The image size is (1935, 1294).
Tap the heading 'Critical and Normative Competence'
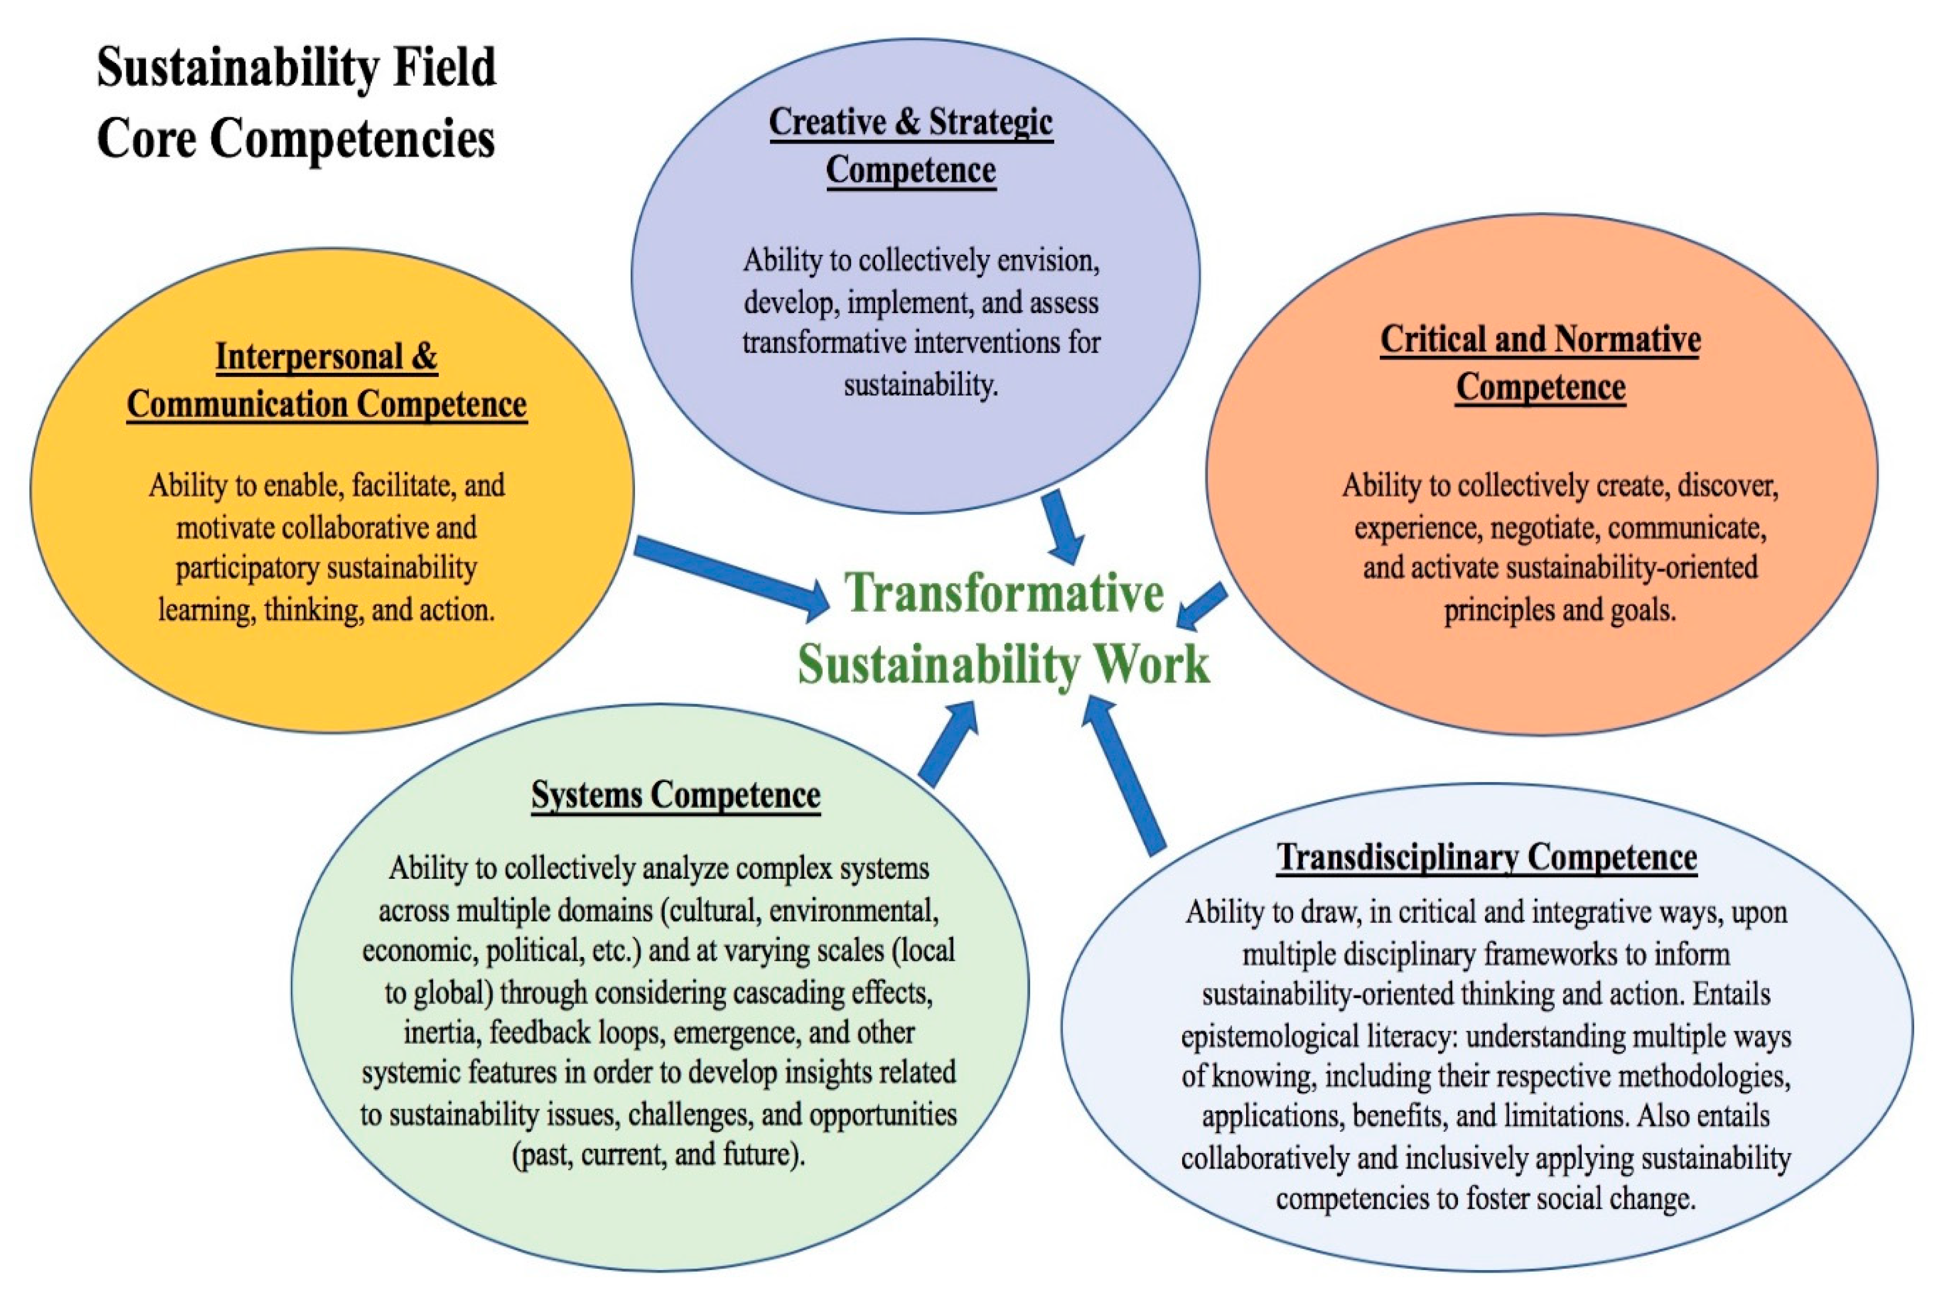click(x=1541, y=363)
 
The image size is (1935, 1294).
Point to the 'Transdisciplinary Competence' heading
click(x=1487, y=858)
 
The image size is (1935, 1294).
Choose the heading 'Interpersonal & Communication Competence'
click(x=327, y=380)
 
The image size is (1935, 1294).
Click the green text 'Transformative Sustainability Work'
click(x=1003, y=628)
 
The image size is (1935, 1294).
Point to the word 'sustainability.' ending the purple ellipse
click(x=920, y=384)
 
